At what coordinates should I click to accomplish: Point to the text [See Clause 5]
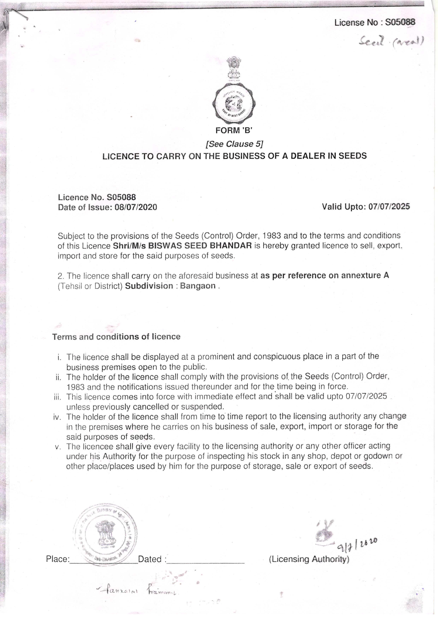click(234, 144)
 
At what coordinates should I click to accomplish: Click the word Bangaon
click(198, 286)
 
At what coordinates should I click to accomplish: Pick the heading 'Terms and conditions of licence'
click(116, 337)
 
